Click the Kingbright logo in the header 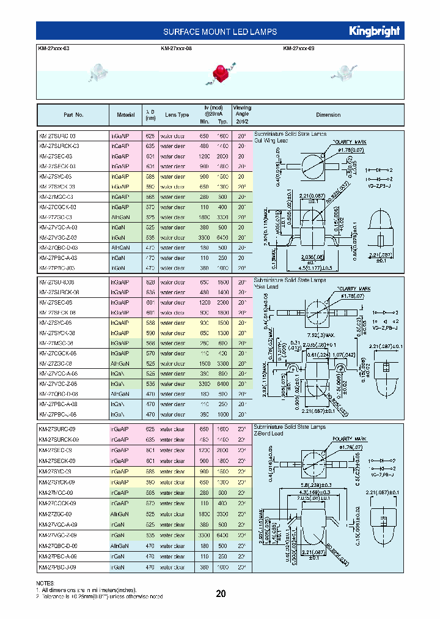374,31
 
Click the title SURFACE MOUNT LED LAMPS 220,32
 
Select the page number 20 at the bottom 221,593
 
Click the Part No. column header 73,115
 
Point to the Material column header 126,115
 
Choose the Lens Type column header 177,115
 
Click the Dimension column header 328,115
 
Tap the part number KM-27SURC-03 57,135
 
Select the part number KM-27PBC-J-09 59,567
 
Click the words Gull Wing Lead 270,140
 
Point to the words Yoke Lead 266,286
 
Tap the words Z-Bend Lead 268,433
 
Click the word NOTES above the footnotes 46,584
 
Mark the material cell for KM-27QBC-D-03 121,248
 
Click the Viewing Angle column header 242,114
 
